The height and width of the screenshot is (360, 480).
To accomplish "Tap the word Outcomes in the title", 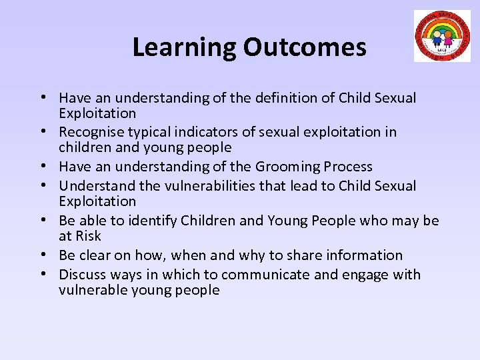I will click(x=304, y=47).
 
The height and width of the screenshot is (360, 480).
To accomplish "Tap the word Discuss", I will click(x=82, y=274).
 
